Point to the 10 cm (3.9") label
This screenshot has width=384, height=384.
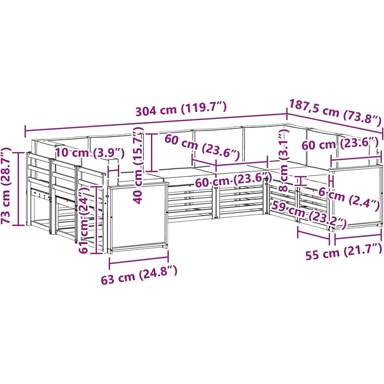(x=90, y=153)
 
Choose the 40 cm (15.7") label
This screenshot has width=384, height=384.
(x=138, y=165)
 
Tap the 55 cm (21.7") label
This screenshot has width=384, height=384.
(x=344, y=251)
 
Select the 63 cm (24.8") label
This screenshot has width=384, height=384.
(x=139, y=275)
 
